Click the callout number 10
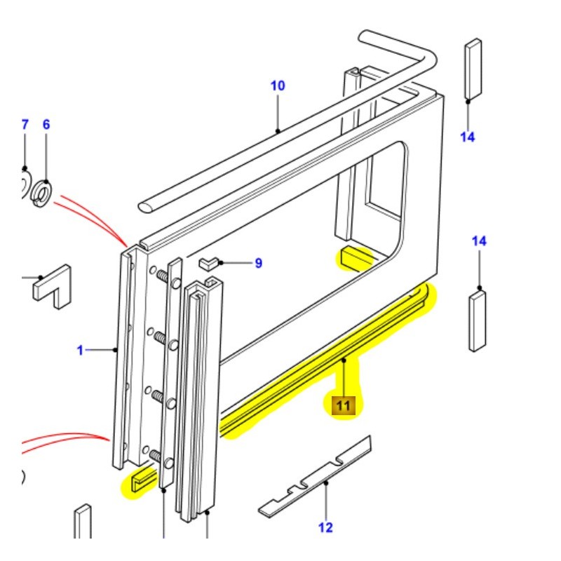click(x=278, y=86)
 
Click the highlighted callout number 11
click(x=344, y=405)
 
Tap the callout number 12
click(x=325, y=527)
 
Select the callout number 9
click(x=258, y=264)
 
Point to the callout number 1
click(x=80, y=349)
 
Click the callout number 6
click(x=46, y=125)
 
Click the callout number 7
click(x=25, y=125)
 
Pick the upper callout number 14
click(x=468, y=137)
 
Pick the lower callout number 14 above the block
click(x=479, y=241)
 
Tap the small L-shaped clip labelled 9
click(x=208, y=264)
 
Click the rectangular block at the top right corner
click(x=472, y=68)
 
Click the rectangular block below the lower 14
click(x=478, y=320)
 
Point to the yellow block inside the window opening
click(x=355, y=257)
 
